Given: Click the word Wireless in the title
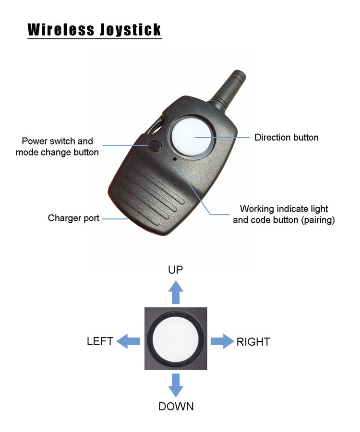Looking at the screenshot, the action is pyautogui.click(x=61, y=29).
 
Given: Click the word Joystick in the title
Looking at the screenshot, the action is pyautogui.click(x=130, y=30).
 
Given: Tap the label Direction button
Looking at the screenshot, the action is pyautogui.click(x=286, y=137).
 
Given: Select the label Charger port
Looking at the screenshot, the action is pyautogui.click(x=73, y=218).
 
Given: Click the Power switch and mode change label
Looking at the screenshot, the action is pyautogui.click(x=57, y=146).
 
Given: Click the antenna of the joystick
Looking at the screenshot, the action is pyautogui.click(x=228, y=87).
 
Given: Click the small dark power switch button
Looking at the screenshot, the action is pyautogui.click(x=155, y=146).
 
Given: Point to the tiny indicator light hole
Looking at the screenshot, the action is pyautogui.click(x=175, y=159).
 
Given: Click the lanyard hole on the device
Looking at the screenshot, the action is pyautogui.click(x=156, y=127).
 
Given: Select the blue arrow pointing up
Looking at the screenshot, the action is pyautogui.click(x=176, y=292).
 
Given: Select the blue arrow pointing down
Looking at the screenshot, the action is pyautogui.click(x=176, y=385).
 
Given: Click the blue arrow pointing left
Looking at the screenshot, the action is pyautogui.click(x=128, y=341).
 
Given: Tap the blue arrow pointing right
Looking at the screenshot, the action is pyautogui.click(x=222, y=341).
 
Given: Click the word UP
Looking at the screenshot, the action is pyautogui.click(x=176, y=270).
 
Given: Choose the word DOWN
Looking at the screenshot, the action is pyautogui.click(x=176, y=407).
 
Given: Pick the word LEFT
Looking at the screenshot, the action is pyautogui.click(x=100, y=341).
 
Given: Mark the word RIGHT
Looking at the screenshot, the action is pyautogui.click(x=253, y=342).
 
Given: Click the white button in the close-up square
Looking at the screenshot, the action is pyautogui.click(x=176, y=338).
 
